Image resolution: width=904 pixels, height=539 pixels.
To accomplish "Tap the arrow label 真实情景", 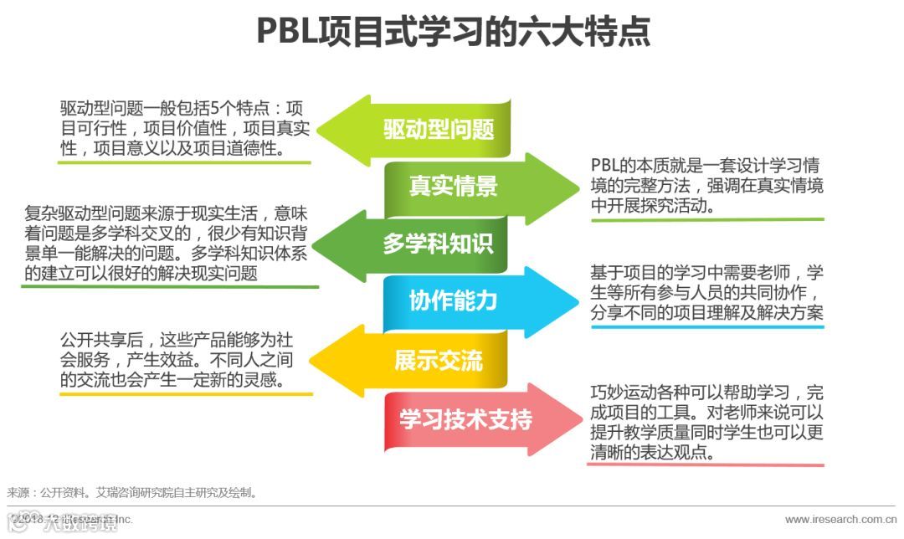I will click(453, 186).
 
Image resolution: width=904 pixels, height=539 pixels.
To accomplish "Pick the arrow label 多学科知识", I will click(438, 244).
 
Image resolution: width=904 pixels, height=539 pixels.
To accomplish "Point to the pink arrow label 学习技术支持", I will click(465, 418).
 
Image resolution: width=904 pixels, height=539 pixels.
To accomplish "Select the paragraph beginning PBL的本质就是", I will click(707, 185).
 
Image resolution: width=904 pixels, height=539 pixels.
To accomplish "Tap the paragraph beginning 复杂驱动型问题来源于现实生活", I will click(171, 243).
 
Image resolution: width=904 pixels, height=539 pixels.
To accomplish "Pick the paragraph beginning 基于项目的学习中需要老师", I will click(707, 292).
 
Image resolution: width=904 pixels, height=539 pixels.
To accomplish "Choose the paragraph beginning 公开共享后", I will click(177, 360).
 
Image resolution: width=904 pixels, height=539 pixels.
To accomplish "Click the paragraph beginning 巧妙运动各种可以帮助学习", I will click(707, 422).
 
